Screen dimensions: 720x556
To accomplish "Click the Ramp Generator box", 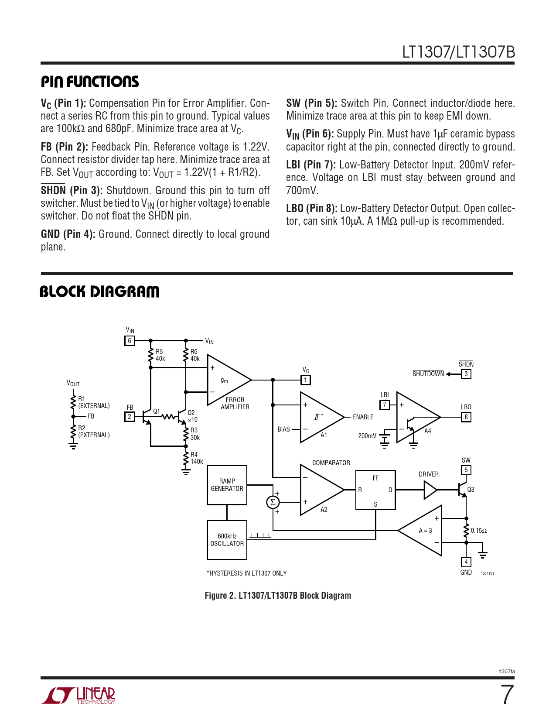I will coord(227,485).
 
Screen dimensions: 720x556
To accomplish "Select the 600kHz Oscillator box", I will coord(227,540).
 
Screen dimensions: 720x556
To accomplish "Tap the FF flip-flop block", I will coord(375,490).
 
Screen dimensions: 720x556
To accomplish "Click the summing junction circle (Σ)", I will coord(273,502).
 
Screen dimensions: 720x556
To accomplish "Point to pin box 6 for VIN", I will coord(130,341).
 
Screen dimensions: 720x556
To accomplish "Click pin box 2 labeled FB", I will coord(130,417).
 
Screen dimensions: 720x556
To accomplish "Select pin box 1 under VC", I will coord(306,380).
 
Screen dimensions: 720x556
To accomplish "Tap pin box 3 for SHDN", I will coord(466,374).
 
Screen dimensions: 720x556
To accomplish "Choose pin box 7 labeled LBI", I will coord(385,405).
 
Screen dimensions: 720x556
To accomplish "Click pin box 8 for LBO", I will coord(466,417).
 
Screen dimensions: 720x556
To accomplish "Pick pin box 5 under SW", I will coord(466,470).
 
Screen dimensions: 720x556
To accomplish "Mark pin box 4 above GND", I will coord(466,562).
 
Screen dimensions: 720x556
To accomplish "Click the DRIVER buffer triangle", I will coord(430,490).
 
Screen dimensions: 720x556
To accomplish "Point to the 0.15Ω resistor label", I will coord(479,531).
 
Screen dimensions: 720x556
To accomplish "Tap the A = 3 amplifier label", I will coord(425,531).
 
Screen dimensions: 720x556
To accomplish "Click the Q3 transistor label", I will coord(471,490).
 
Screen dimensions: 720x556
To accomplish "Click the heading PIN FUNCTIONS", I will coord(90,82).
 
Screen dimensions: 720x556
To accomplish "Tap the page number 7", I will coord(507,695).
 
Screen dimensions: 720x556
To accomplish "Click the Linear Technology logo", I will coord(78,695).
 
